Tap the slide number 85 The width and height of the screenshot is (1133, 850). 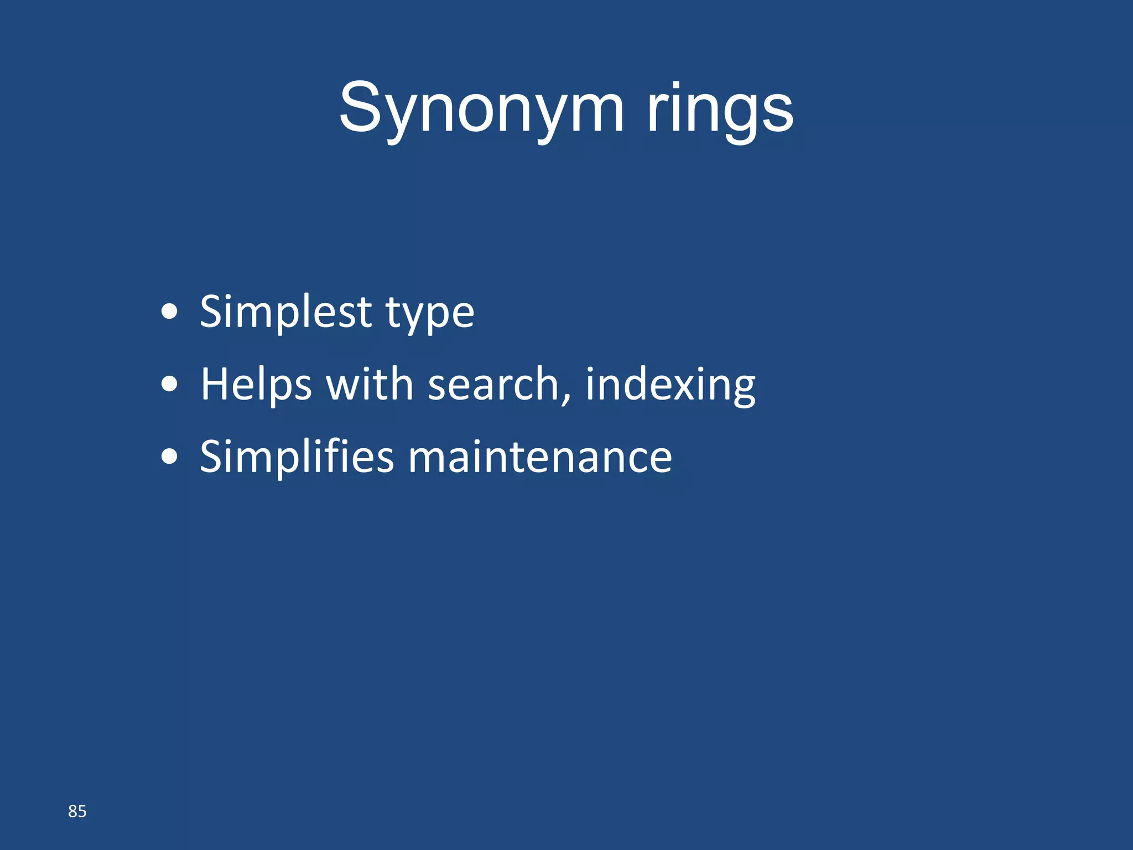(x=77, y=811)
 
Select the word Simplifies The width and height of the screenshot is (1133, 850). (x=297, y=457)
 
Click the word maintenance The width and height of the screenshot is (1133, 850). (x=540, y=458)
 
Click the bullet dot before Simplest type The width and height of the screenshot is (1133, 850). (x=169, y=312)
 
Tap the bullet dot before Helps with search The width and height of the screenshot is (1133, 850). (x=169, y=385)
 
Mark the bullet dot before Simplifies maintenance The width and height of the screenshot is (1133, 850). (x=169, y=457)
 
